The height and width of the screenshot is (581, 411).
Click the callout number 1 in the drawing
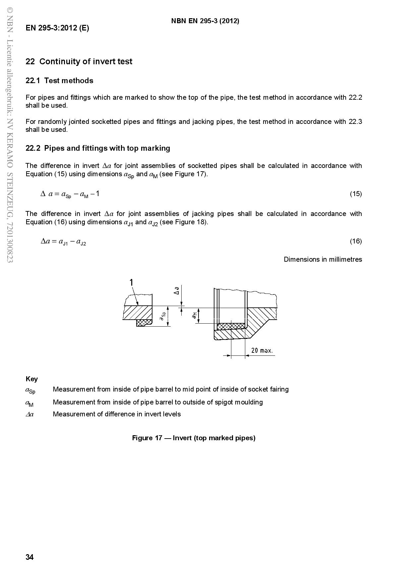pyautogui.click(x=131, y=282)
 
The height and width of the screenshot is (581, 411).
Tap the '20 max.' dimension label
pyautogui.click(x=262, y=350)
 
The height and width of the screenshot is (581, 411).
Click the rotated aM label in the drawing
pyautogui.click(x=195, y=315)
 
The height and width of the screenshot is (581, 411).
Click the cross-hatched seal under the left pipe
pyautogui.click(x=144, y=322)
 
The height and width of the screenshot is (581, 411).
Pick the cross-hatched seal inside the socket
pyautogui.click(x=231, y=326)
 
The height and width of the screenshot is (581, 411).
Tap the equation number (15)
pyautogui.click(x=356, y=194)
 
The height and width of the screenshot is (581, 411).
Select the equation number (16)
pyautogui.click(x=356, y=241)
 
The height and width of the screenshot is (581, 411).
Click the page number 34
pyautogui.click(x=29, y=557)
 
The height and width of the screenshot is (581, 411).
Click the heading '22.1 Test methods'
pyautogui.click(x=60, y=80)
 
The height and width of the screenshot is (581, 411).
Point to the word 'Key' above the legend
pyautogui.click(x=32, y=379)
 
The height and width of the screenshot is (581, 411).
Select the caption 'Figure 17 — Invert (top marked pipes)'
pyautogui.click(x=194, y=438)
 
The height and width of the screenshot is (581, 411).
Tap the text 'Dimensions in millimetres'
pyautogui.click(x=323, y=259)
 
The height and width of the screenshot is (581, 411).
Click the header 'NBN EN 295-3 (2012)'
pyautogui.click(x=205, y=21)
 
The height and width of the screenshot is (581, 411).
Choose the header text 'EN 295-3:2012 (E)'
pyautogui.click(x=57, y=28)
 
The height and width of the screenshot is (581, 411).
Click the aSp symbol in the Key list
pyautogui.click(x=30, y=390)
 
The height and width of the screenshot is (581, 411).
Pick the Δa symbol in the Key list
pyautogui.click(x=29, y=414)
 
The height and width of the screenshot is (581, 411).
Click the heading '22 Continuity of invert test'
pyautogui.click(x=79, y=62)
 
